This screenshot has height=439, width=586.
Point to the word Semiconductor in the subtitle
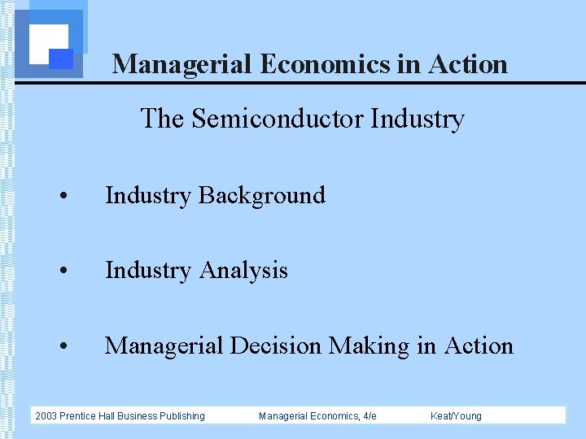click(278, 119)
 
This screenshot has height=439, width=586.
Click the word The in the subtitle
click(163, 119)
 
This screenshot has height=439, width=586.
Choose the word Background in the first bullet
click(261, 195)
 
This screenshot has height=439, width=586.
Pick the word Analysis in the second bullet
click(243, 270)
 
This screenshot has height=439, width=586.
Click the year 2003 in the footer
click(46, 416)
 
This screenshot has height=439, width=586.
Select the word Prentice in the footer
click(77, 416)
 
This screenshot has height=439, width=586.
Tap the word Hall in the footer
click(107, 416)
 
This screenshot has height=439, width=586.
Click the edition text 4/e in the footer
click(369, 416)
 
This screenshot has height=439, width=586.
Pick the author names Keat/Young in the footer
click(456, 416)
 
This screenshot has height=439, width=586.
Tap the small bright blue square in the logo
click(62, 59)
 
